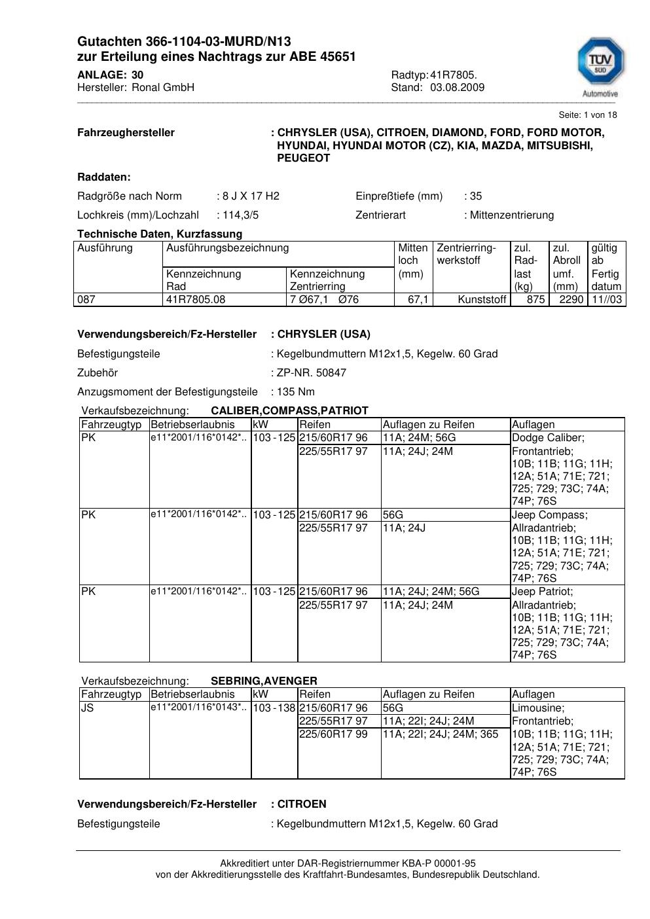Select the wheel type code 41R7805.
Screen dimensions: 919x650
tap(453, 75)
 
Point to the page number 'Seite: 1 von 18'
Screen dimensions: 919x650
tap(588, 115)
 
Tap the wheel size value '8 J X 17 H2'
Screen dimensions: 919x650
tap(251, 196)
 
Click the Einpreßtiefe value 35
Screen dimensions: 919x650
tap(476, 196)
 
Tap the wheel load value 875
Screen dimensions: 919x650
tap(535, 300)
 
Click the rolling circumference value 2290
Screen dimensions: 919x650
tap(571, 300)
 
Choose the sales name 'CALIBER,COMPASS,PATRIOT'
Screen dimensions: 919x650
tap(289, 410)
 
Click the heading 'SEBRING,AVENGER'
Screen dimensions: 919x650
tap(264, 681)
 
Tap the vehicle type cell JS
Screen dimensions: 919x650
tap(88, 708)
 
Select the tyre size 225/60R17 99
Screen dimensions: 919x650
tap(333, 734)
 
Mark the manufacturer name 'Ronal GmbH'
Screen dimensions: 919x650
tap(163, 88)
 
